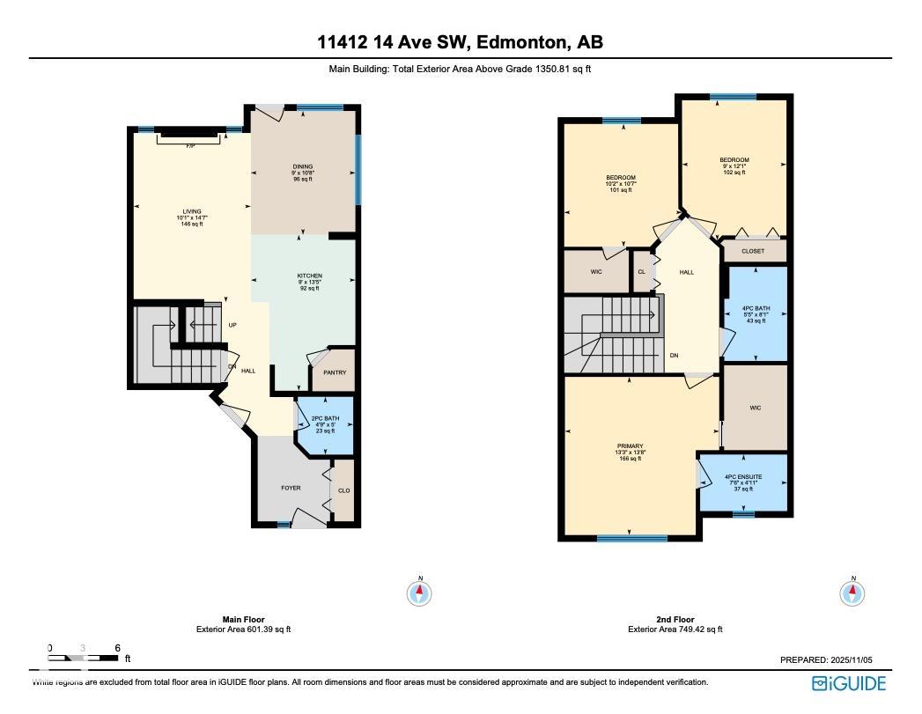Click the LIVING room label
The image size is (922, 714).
(x=192, y=211)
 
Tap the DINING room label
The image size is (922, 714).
(x=303, y=166)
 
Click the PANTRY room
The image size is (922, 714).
(x=335, y=372)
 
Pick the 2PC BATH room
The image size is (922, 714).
(x=325, y=423)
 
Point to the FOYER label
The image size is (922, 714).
(x=291, y=488)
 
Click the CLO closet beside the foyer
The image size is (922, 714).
(x=344, y=490)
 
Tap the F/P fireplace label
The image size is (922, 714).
(x=189, y=145)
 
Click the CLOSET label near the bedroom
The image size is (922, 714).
(x=753, y=251)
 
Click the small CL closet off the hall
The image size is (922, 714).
(x=641, y=272)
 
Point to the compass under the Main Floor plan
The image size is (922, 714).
(x=420, y=593)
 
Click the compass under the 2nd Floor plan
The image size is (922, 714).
(x=852, y=593)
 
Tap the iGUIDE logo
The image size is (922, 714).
(x=849, y=683)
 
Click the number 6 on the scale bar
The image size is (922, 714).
(x=117, y=648)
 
